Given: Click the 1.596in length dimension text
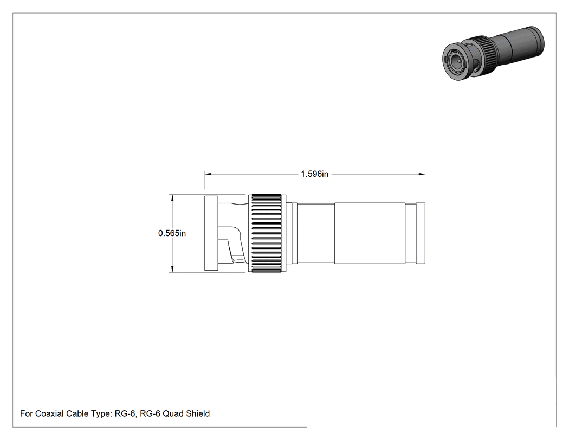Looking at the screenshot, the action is (314, 174).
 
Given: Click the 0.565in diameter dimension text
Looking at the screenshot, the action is (172, 233).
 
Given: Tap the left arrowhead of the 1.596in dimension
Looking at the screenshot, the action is (208, 174).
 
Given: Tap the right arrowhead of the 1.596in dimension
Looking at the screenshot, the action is (422, 174).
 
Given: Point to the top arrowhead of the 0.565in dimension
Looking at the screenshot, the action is (172, 197).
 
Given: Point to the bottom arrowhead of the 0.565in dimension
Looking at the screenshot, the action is (172, 269).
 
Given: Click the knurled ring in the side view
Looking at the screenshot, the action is (267, 233).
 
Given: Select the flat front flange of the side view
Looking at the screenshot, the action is (211, 233).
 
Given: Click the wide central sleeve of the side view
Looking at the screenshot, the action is (370, 233).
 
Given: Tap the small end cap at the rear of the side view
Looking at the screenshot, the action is (421, 233).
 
